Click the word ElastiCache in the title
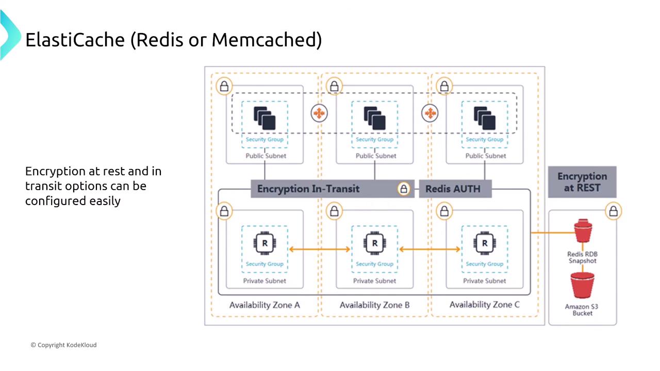[75, 40]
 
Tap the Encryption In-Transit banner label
[308, 189]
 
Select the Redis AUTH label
[453, 189]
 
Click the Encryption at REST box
[582, 182]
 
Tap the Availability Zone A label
[265, 305]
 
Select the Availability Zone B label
[375, 305]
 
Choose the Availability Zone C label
[485, 305]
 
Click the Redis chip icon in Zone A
[265, 243]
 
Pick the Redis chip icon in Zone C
[485, 243]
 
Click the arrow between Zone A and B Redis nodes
[320, 250]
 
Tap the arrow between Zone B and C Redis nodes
[430, 250]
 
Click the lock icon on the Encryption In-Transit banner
[404, 189]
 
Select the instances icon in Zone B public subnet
[375, 118]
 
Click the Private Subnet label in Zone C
[485, 281]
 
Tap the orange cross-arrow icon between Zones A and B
[320, 113]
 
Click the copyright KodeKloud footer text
[63, 345]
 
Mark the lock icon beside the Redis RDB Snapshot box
[614, 211]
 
